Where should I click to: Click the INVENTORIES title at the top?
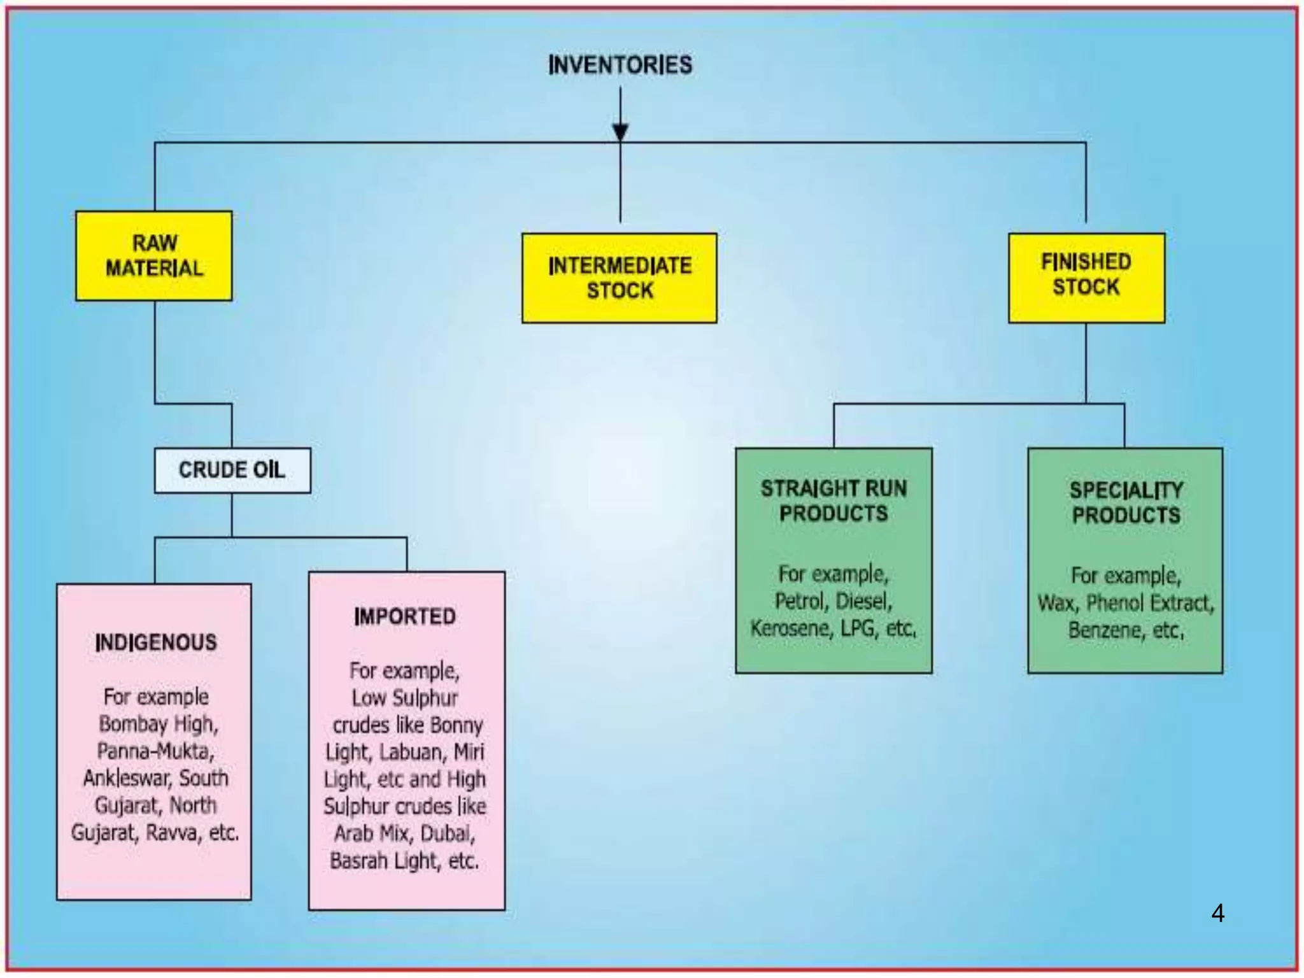pyautogui.click(x=620, y=65)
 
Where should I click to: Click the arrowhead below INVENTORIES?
pyautogui.click(x=620, y=132)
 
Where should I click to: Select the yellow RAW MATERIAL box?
pyautogui.click(x=154, y=256)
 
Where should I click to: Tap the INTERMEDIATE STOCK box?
pyautogui.click(x=620, y=278)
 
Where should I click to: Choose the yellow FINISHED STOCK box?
pyautogui.click(x=1086, y=278)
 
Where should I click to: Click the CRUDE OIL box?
pyautogui.click(x=232, y=471)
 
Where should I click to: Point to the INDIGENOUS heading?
pyautogui.click(x=155, y=642)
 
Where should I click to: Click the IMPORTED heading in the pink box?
pyautogui.click(x=405, y=616)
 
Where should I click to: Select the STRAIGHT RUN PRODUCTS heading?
pyautogui.click(x=833, y=501)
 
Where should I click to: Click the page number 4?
pyautogui.click(x=1217, y=914)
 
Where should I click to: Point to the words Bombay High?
pyautogui.click(x=159, y=724)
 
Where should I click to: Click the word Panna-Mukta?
pyautogui.click(x=155, y=751)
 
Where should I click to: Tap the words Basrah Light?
pyautogui.click(x=385, y=861)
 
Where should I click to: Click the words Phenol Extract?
pyautogui.click(x=1149, y=603)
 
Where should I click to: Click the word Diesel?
pyautogui.click(x=862, y=601)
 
